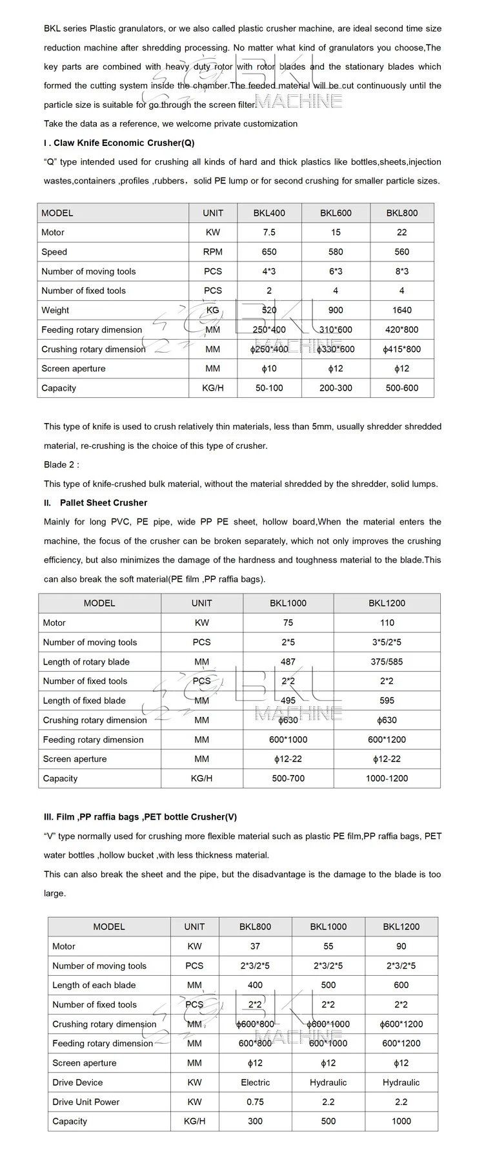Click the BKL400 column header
point(269,213)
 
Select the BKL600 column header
point(336,213)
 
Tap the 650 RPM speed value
point(269,252)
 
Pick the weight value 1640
point(401,310)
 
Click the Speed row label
point(54,252)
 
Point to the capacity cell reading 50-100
point(269,388)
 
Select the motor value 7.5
point(269,232)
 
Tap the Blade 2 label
point(61,464)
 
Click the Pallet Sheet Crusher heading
point(103,502)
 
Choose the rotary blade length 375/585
point(387,662)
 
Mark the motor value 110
point(387,623)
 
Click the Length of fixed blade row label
point(85,701)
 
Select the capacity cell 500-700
point(288,778)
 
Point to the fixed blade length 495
point(288,701)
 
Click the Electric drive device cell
point(255,1082)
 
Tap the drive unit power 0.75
point(255,1102)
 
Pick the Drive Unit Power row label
point(86,1102)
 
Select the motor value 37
point(255,946)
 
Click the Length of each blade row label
point(94,985)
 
